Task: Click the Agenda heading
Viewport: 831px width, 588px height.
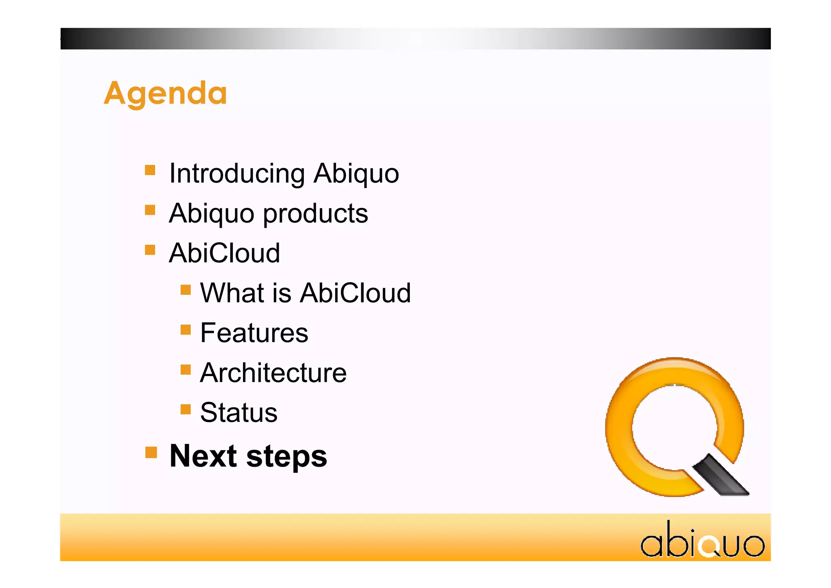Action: [165, 93]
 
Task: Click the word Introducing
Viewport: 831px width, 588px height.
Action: [237, 173]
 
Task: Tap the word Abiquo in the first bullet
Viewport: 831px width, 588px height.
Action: [356, 173]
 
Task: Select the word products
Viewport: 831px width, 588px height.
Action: [315, 214]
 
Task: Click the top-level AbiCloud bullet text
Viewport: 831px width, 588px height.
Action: [224, 253]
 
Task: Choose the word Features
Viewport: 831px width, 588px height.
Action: [254, 333]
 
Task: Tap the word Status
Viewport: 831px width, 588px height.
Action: [239, 413]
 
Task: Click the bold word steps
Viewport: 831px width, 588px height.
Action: [286, 456]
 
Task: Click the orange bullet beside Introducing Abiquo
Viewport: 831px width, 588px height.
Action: [150, 170]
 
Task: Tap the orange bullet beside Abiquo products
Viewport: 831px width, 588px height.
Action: [150, 210]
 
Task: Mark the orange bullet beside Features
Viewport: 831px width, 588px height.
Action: [186, 329]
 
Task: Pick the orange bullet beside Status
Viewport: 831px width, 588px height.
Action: [186, 409]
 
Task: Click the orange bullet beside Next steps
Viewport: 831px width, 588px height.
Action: [151, 452]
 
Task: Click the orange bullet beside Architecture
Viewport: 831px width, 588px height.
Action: [186, 370]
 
